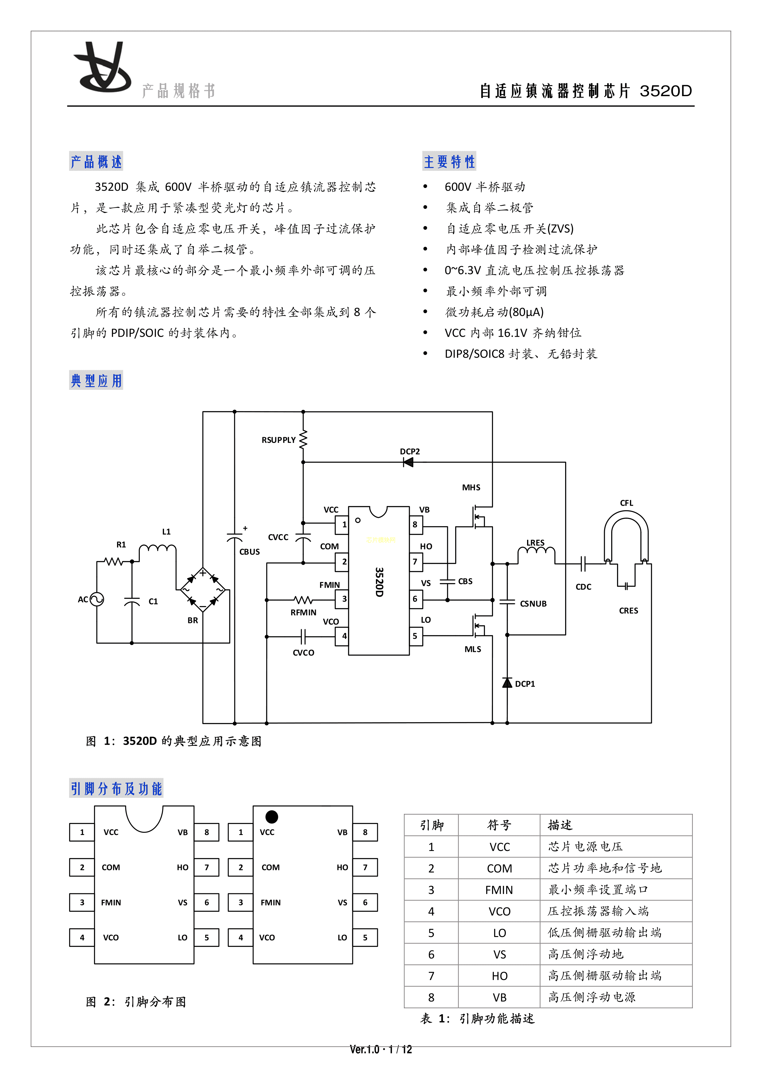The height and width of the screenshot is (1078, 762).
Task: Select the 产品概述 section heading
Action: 96,162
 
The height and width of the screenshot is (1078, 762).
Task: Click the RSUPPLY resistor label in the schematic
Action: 278,440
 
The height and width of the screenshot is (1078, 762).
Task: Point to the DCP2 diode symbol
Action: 408,462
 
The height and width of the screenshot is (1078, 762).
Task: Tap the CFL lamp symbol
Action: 626,535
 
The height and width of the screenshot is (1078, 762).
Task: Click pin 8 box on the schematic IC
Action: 415,524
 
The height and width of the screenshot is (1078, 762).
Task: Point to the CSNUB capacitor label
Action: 533,604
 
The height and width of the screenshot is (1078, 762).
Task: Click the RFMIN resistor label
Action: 303,612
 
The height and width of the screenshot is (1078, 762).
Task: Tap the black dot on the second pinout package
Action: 272,817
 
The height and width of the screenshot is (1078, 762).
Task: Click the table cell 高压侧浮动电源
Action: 592,997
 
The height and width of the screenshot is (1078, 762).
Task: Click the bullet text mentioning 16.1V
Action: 513,333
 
